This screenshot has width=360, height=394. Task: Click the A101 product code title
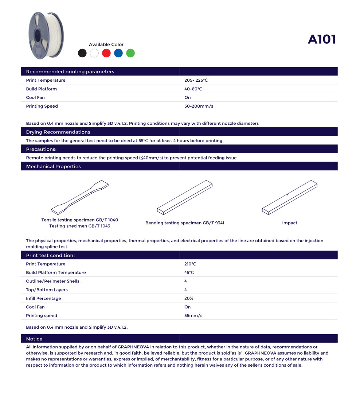[322, 39]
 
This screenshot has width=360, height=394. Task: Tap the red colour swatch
[106, 53]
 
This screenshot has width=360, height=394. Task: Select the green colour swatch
[130, 53]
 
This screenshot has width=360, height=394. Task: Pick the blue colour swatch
[118, 53]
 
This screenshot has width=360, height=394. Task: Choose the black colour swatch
[82, 53]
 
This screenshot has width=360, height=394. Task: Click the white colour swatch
[94, 53]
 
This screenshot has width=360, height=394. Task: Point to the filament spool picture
[46, 35]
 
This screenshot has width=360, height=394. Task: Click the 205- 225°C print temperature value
[196, 80]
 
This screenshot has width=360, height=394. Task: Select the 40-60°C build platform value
[193, 89]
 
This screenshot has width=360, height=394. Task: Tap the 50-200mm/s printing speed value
[199, 106]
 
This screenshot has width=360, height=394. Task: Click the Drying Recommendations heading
[58, 132]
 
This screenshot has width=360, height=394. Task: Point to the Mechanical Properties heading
[53, 166]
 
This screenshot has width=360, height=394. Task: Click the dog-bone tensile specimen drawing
[80, 197]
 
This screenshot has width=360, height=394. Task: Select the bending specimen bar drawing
[185, 197]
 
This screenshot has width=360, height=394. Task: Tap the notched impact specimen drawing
[290, 197]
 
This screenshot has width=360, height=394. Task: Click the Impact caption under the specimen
[290, 223]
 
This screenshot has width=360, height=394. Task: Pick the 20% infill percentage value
[189, 298]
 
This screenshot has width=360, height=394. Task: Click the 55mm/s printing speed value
[193, 316]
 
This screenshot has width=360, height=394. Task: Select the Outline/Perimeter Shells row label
[52, 281]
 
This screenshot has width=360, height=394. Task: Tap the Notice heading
[34, 339]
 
